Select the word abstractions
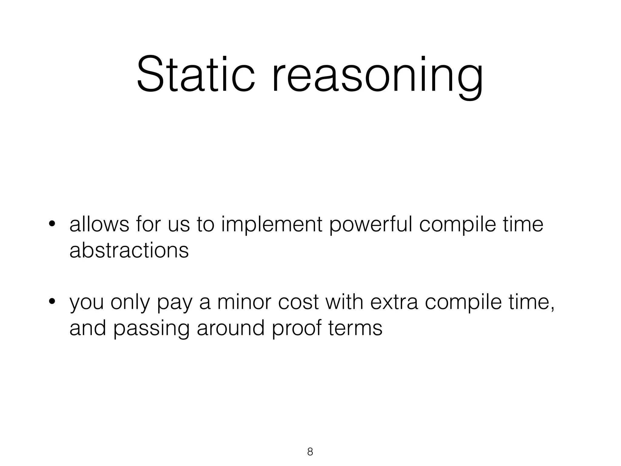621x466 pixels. tap(129, 251)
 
